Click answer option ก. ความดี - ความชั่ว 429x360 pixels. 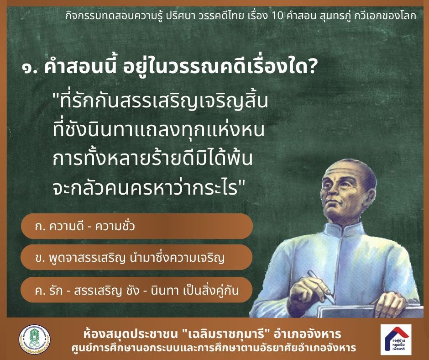137,226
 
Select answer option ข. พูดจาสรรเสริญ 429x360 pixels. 137,258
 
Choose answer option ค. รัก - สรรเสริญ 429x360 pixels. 137,290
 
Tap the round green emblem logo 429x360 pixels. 35,339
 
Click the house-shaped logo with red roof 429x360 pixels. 396,339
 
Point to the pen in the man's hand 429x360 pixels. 321,286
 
